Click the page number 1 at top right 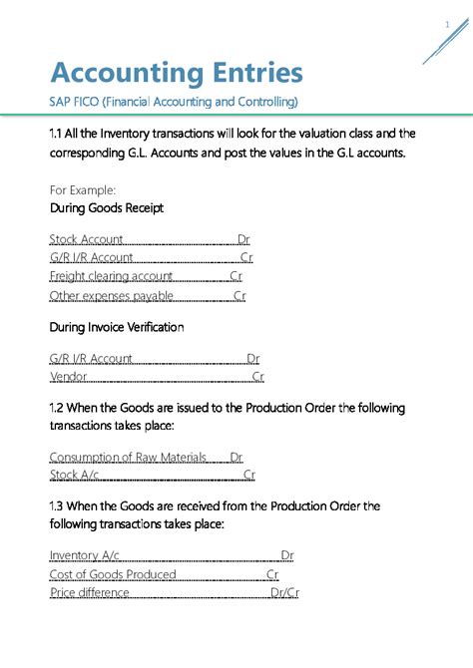coord(447,24)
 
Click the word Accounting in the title coord(114,73)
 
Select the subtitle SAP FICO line coord(174,102)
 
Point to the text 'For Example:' coord(83,188)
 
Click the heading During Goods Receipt coord(107,208)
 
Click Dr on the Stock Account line coord(243,239)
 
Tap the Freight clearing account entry coord(111,276)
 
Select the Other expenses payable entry coord(111,296)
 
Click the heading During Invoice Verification coord(117,326)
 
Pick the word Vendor coord(68,377)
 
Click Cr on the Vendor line coord(257,377)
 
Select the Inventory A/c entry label coord(86,555)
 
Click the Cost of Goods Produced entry coord(113,574)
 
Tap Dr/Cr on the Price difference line coord(285,593)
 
